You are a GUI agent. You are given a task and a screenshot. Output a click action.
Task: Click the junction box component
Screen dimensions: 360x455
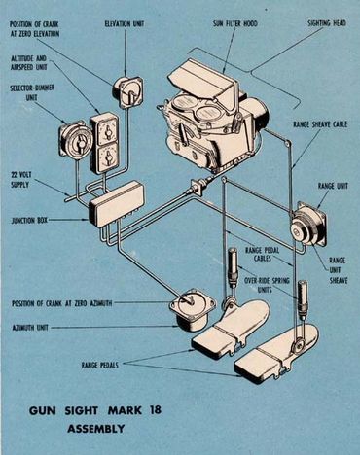[x=117, y=205]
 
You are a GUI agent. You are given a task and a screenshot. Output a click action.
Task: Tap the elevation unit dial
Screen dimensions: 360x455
[x=128, y=92]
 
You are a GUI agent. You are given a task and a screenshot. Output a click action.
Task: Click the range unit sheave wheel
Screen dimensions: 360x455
[x=300, y=230]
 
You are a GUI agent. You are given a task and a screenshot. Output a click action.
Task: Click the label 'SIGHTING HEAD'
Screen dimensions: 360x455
[x=327, y=23]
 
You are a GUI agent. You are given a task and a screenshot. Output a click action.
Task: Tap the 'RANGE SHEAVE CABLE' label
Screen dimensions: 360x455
[x=320, y=124]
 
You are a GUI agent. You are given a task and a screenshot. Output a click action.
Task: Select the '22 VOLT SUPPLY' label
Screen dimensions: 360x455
[x=20, y=180]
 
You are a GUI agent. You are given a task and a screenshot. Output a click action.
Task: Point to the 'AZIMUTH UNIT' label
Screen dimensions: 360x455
[x=30, y=328]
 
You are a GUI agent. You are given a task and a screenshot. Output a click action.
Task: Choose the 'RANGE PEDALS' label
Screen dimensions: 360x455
[x=100, y=365]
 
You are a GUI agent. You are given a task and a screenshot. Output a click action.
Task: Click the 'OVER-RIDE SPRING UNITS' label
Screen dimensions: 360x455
[x=267, y=285]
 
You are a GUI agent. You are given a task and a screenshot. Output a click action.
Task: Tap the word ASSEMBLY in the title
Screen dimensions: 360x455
[x=95, y=429]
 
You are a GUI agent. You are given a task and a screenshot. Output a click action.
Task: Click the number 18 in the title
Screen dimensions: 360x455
[x=156, y=410]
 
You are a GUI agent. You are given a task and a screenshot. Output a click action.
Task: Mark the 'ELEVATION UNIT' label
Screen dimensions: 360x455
[x=125, y=24]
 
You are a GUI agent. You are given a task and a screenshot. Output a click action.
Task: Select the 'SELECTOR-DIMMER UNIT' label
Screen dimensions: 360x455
[x=32, y=92]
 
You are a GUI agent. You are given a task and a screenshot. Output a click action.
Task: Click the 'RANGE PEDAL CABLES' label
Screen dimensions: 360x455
[x=262, y=254]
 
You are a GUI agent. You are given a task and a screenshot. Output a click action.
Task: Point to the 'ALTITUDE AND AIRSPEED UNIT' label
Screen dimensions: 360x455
[x=29, y=63]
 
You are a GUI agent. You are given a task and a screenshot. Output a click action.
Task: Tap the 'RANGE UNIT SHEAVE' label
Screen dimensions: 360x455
[x=339, y=270]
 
